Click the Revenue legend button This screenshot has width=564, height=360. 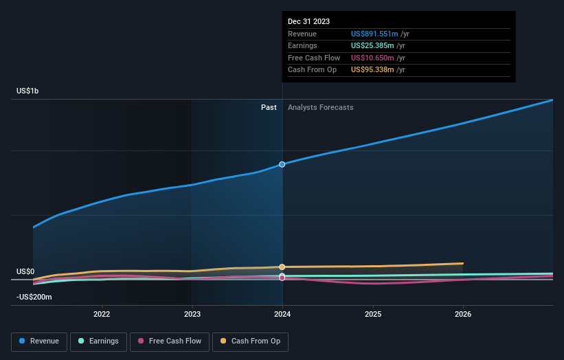[x=39, y=341]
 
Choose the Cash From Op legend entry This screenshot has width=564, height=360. [x=250, y=341]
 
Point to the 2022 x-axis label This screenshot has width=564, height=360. [x=102, y=314]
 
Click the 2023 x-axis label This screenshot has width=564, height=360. [x=192, y=314]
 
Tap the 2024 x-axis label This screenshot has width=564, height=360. [x=282, y=314]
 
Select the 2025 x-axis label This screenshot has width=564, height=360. [x=373, y=314]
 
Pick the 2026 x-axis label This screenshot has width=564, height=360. [x=463, y=314]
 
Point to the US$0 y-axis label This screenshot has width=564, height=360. [x=25, y=272]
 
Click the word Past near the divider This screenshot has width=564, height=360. [x=269, y=107]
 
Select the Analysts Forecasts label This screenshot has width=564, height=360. [x=321, y=107]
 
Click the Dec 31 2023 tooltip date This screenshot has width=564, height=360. [x=308, y=21]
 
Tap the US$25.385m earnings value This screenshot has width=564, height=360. [x=373, y=45]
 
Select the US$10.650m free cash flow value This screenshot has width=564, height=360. [x=373, y=58]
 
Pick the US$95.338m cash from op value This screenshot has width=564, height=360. [x=373, y=70]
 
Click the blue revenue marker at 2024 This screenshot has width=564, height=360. [x=282, y=164]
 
